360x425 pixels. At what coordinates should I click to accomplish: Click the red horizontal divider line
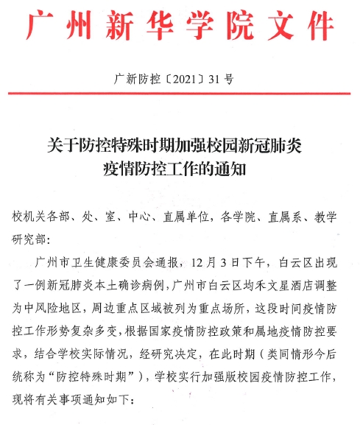pyautogui.click(x=180, y=94)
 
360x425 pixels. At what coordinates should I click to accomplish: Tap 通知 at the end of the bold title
pyautogui.click(x=233, y=168)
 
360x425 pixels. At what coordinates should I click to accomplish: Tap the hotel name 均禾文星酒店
pyautogui.click(x=266, y=280)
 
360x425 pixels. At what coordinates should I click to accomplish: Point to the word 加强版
pyautogui.click(x=214, y=359)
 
